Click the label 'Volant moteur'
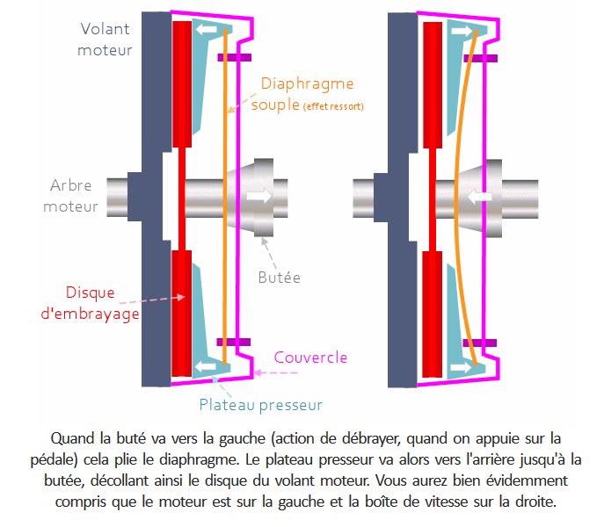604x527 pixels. [105, 40]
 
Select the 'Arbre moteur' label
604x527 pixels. [74, 196]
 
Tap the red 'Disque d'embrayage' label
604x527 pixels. [103, 301]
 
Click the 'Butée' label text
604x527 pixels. [280, 278]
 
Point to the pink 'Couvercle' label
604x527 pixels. [310, 357]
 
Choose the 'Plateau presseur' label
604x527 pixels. [260, 405]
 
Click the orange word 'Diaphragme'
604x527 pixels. [308, 84]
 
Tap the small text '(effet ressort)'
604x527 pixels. [333, 107]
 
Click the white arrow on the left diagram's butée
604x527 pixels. [260, 196]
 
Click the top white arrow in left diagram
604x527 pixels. [207, 31]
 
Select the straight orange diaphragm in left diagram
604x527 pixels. [226, 196]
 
